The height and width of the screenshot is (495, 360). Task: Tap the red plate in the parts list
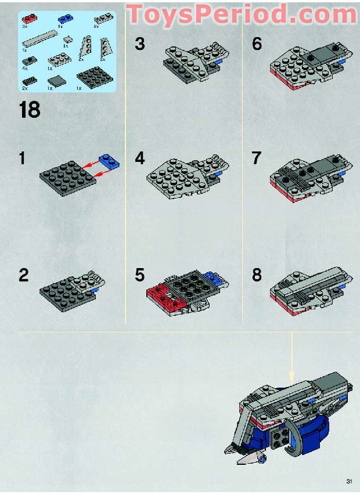click(27, 20)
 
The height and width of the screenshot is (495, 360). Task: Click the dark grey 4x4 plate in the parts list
click(87, 76)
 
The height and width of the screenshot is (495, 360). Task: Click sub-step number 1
click(21, 158)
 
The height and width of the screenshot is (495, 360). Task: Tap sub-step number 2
click(23, 274)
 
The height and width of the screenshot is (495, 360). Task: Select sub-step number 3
click(139, 44)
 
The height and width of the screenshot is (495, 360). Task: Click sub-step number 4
click(139, 158)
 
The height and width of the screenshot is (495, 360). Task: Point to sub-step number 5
click(139, 274)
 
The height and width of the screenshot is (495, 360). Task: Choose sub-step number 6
click(257, 44)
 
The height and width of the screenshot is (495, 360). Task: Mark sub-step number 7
click(257, 158)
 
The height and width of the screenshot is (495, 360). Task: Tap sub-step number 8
click(257, 274)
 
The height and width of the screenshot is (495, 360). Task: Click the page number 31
click(349, 481)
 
